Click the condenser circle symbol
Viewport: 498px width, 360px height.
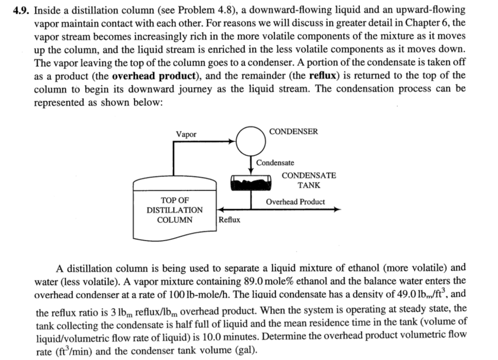pyautogui.click(x=251, y=140)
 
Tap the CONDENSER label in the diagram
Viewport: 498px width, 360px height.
pyautogui.click(x=293, y=131)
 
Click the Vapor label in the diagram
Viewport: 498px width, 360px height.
pyautogui.click(x=186, y=134)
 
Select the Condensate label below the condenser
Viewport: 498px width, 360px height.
pyautogui.click(x=275, y=163)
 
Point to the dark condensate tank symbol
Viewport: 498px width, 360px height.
pyautogui.click(x=251, y=182)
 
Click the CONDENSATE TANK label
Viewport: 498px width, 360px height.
pyautogui.click(x=309, y=180)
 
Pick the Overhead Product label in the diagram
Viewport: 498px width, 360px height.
pyautogui.click(x=295, y=201)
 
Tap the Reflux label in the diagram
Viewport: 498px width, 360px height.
pyautogui.click(x=229, y=220)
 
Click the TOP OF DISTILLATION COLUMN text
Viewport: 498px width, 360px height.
pyautogui.click(x=175, y=210)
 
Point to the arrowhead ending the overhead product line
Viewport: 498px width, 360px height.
pyautogui.click(x=337, y=210)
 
